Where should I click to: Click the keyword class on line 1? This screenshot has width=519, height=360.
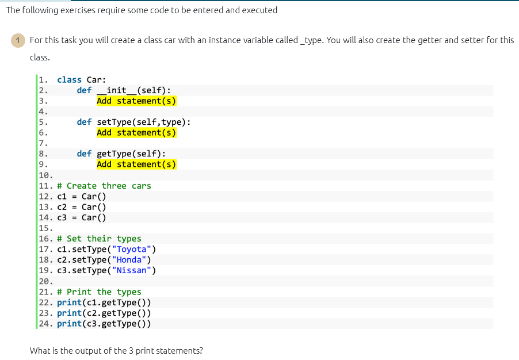(69, 80)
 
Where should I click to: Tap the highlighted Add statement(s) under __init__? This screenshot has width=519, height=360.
(136, 101)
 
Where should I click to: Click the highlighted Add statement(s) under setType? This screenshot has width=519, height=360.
(136, 132)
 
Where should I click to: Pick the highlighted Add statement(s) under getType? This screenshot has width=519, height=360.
(136, 164)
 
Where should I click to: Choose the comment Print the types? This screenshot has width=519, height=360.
(104, 292)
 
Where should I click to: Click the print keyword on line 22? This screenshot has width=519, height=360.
(69, 302)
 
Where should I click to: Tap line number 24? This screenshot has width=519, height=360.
(44, 323)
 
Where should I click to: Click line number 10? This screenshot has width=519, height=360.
(44, 175)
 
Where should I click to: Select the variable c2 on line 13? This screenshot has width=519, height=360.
(62, 207)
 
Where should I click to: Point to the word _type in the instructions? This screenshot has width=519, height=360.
(311, 40)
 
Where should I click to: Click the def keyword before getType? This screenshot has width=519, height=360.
(84, 154)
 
